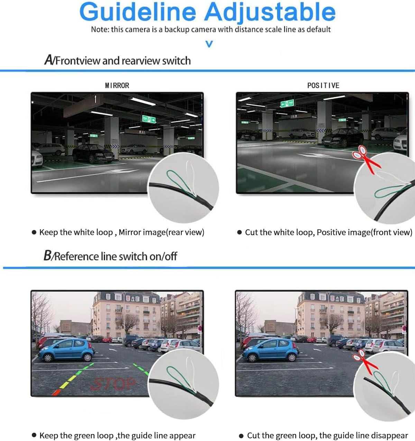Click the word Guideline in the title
137,12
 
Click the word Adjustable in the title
270,13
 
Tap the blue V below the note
209,44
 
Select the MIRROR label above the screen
117,85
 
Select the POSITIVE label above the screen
323,85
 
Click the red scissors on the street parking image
364,361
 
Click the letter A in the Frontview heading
49,60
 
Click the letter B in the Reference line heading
47,256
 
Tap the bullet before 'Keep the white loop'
34,232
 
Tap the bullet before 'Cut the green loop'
241,436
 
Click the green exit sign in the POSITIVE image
287,103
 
